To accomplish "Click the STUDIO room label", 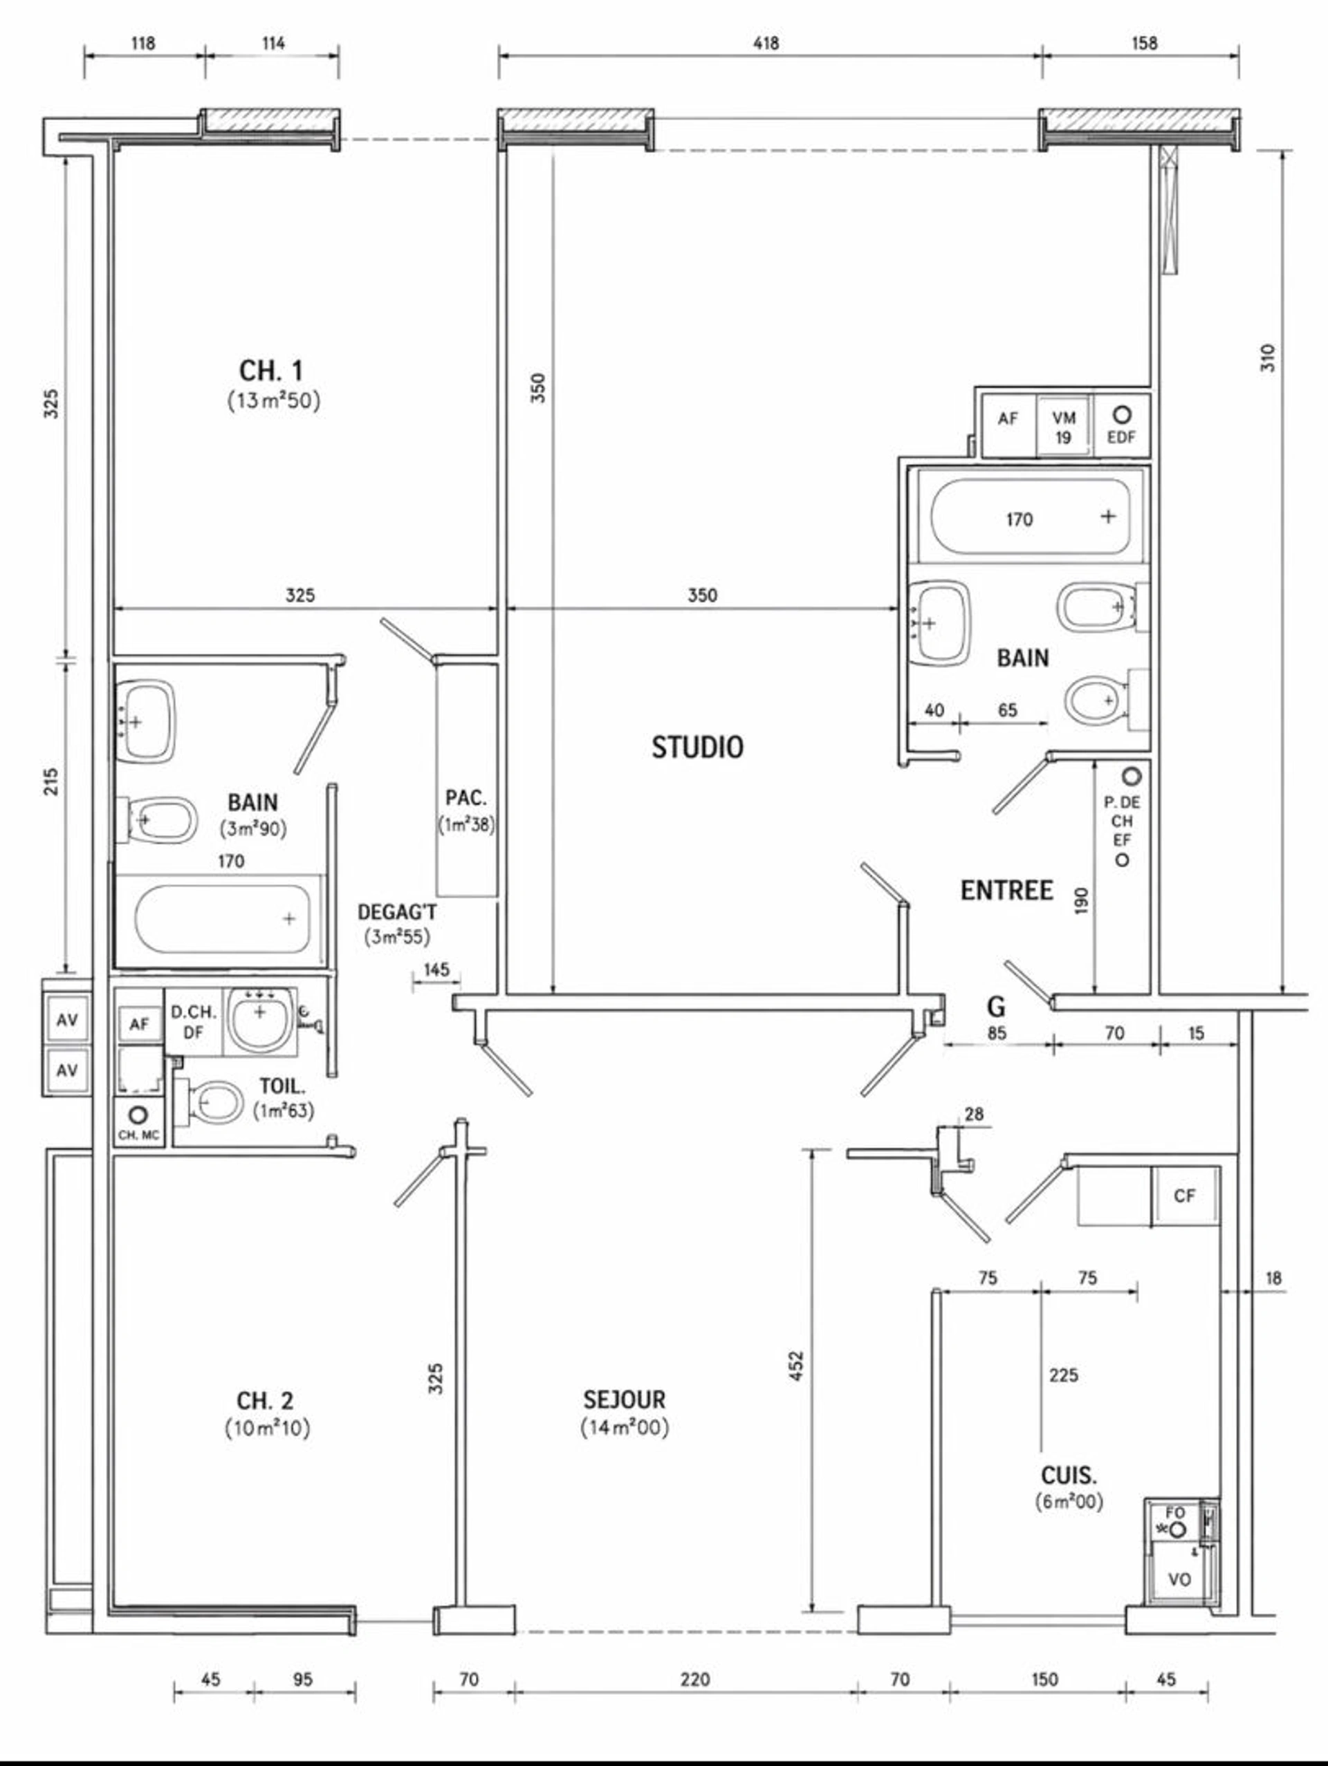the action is (x=697, y=747).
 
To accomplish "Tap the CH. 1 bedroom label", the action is (x=272, y=371).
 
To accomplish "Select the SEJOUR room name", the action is (x=624, y=1400).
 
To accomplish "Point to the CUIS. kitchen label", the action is (x=1069, y=1475).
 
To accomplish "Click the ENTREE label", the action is (x=1006, y=890).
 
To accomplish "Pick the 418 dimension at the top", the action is (x=766, y=42).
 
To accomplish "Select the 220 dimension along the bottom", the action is (x=694, y=1680).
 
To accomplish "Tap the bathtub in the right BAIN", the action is (x=1030, y=516).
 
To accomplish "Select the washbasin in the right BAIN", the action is (x=940, y=623).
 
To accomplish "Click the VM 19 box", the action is (x=1063, y=427).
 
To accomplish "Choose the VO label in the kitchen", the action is (x=1179, y=1580).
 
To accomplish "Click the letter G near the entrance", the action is (x=996, y=1007).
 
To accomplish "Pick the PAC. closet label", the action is (x=466, y=797).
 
